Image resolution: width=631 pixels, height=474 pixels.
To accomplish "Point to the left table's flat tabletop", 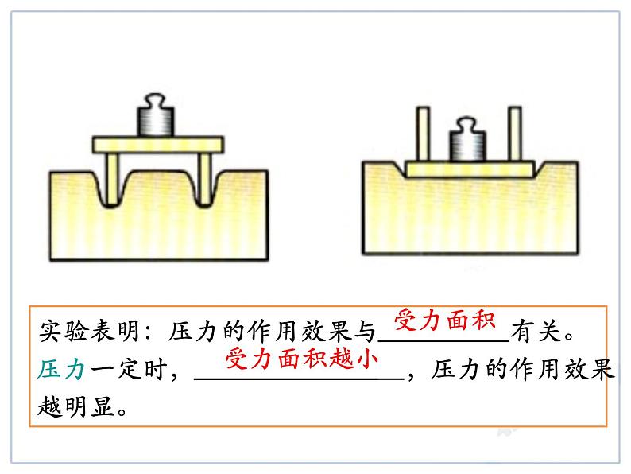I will point(157,145).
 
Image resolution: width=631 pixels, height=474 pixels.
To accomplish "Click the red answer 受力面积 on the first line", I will point(446,321).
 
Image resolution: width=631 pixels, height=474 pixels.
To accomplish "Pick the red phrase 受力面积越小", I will point(300,359).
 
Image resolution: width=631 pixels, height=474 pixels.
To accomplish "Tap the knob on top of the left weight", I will point(156,103).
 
